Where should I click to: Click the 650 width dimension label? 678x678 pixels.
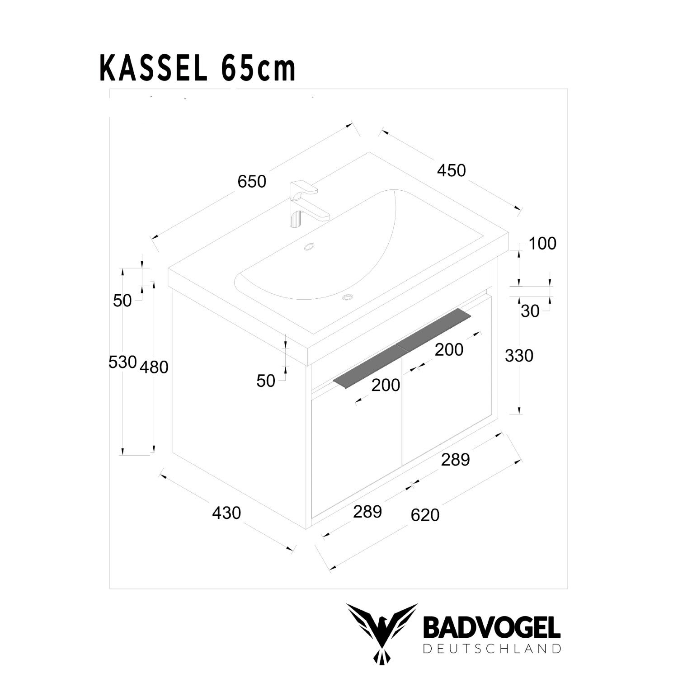(252, 182)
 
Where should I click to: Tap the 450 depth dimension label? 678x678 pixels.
(451, 170)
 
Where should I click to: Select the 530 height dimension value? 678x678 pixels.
(122, 362)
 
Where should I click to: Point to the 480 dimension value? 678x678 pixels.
(154, 367)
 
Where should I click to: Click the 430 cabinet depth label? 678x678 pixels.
(226, 513)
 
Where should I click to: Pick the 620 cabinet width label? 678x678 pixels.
(425, 515)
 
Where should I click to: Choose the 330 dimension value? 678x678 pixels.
(519, 356)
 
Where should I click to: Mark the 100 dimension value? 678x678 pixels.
(542, 244)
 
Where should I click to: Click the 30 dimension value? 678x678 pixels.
(530, 311)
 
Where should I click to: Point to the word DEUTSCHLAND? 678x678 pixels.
(491, 649)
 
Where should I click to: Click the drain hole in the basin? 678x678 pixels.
(348, 297)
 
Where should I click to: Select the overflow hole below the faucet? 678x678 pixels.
(310, 247)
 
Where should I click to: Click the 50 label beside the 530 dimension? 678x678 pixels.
(122, 301)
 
